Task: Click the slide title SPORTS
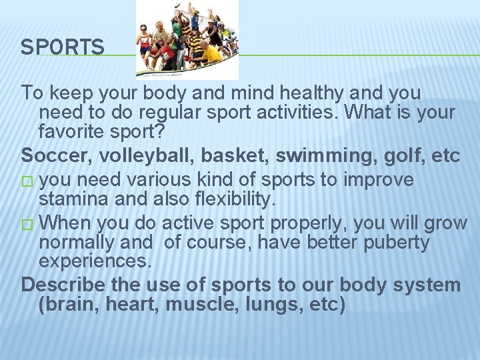pyautogui.click(x=62, y=47)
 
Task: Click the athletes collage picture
pyautogui.click(x=187, y=40)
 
